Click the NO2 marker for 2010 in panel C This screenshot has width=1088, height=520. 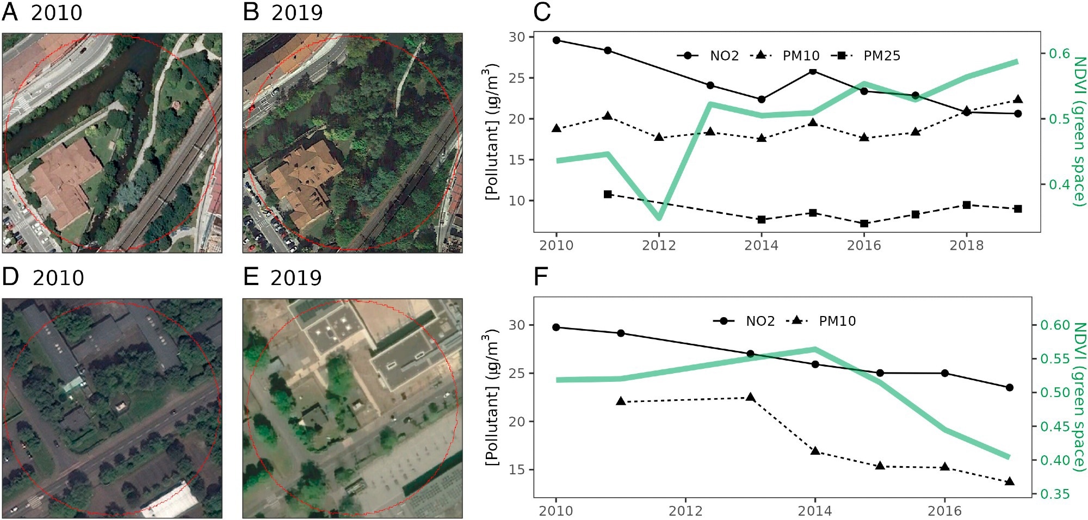(556, 40)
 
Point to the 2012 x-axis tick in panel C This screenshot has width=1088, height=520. (659, 245)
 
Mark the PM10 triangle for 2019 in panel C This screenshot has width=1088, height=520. (1018, 100)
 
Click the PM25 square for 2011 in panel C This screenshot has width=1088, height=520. (608, 194)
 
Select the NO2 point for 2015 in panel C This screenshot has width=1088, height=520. (813, 71)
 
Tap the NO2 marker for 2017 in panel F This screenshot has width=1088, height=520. (1010, 387)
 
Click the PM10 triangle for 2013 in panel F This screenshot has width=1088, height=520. (750, 398)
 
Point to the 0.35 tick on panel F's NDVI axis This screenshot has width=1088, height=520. (1055, 494)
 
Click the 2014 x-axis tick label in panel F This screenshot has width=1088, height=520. (814, 511)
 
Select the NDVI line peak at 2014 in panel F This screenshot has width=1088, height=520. (814, 349)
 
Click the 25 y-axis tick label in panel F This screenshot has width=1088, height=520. (517, 374)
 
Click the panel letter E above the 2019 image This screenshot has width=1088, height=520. (251, 277)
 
